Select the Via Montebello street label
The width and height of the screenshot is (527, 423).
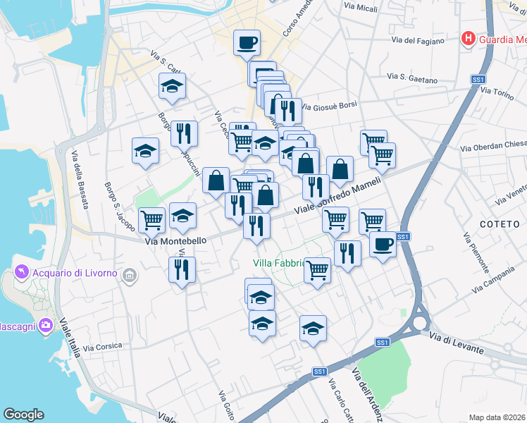click(x=176, y=240)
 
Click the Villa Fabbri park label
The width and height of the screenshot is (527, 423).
click(x=278, y=264)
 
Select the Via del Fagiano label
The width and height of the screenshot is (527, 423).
click(x=415, y=41)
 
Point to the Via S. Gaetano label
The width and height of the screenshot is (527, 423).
click(x=412, y=76)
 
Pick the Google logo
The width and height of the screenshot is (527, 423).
click(x=23, y=415)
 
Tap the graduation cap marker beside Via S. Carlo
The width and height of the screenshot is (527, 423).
click(x=171, y=88)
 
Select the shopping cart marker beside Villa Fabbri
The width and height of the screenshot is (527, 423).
click(x=318, y=269)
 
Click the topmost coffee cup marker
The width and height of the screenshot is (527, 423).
click(x=247, y=42)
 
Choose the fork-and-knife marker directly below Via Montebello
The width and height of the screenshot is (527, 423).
click(x=183, y=269)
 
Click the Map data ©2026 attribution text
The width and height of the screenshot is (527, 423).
click(x=497, y=417)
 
